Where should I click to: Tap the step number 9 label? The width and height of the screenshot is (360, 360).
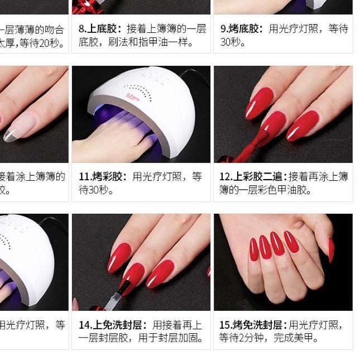click(224, 28)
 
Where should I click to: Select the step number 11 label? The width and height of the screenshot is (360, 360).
click(84, 176)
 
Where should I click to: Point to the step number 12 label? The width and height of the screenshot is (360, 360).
click(225, 176)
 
